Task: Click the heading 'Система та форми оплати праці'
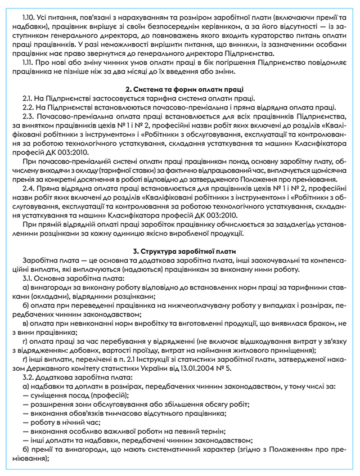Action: pyautogui.click(x=184, y=89)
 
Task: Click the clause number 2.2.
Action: pyautogui.click(x=30, y=107)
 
